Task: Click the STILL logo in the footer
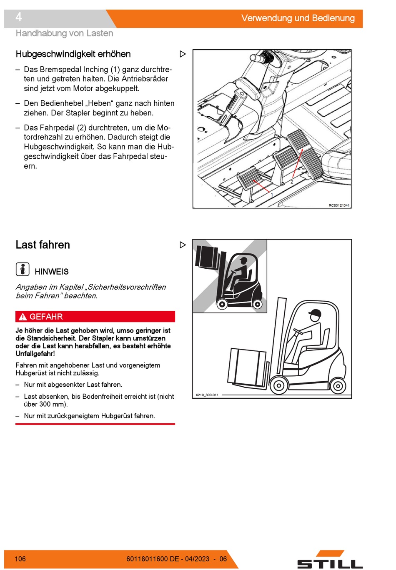[330, 560]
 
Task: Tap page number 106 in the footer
[20, 559]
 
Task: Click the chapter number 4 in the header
[19, 17]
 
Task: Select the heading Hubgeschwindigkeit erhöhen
[73, 54]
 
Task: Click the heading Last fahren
[43, 245]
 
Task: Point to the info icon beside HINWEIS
[23, 269]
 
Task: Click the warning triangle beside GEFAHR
[23, 317]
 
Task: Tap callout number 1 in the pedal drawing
[272, 195]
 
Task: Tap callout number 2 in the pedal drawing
[292, 182]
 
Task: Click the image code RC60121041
[339, 205]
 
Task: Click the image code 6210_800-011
[207, 395]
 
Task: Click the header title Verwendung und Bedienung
[298, 18]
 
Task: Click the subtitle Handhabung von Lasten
[64, 33]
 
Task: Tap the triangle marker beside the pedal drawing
[183, 54]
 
